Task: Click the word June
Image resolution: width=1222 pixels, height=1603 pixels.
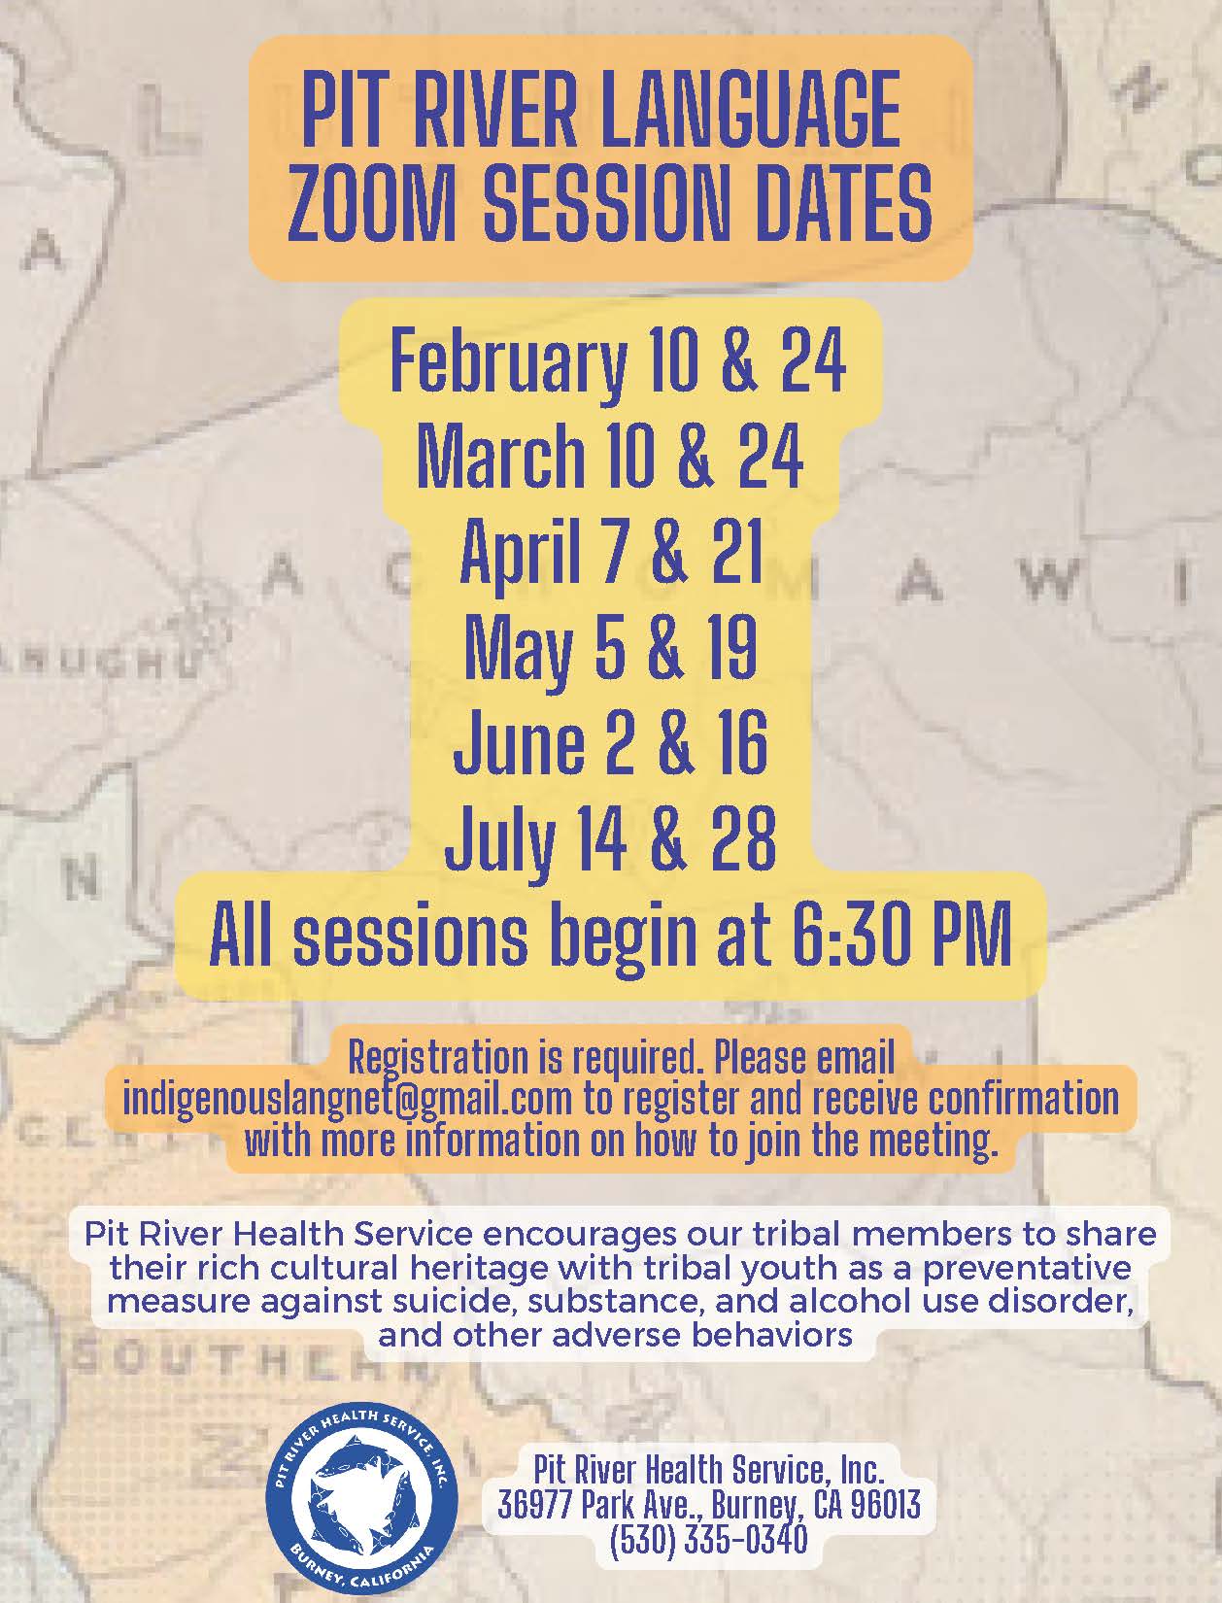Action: (x=519, y=741)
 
